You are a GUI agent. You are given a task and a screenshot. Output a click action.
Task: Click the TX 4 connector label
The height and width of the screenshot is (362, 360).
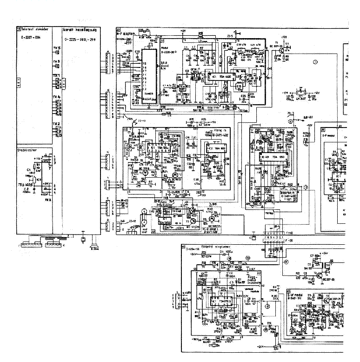[56, 97]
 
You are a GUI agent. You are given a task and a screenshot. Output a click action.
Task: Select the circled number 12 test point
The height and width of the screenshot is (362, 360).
[267, 306]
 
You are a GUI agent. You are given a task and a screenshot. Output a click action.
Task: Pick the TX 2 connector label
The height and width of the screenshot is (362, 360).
[56, 124]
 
